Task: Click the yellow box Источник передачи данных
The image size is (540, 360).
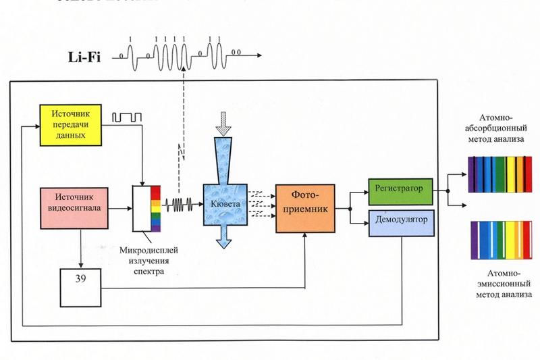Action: click(72, 125)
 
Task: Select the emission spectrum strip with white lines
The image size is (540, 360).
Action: click(500, 238)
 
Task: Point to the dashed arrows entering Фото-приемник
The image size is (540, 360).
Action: click(259, 203)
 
